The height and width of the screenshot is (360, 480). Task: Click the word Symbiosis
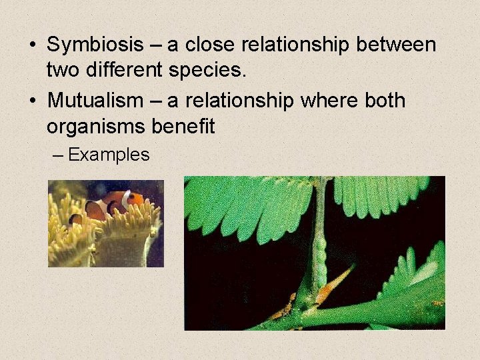95,45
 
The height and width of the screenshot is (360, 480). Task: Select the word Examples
109,155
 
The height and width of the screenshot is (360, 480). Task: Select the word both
382,101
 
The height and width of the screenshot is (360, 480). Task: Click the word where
326,101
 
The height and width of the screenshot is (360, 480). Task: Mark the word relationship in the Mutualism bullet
237,101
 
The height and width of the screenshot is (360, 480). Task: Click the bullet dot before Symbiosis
32,46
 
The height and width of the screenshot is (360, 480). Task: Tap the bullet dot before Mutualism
32,101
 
